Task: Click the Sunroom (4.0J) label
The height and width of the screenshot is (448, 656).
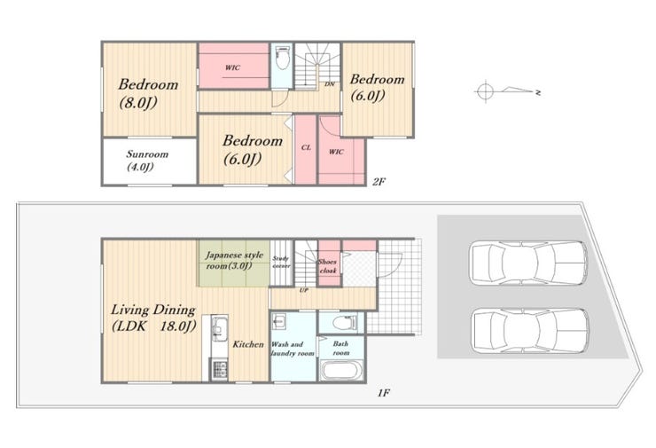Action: pyautogui.click(x=147, y=161)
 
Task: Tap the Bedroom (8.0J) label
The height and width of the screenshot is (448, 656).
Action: pyautogui.click(x=148, y=93)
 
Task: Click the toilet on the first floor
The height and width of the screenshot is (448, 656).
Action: pyautogui.click(x=345, y=322)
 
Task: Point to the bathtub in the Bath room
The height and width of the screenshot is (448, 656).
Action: pyautogui.click(x=342, y=371)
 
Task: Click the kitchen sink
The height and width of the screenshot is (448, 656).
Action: pyautogui.click(x=218, y=328)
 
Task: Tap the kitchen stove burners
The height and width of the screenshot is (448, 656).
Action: pyautogui.click(x=219, y=370)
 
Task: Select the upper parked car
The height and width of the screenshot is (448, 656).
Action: pyautogui.click(x=529, y=263)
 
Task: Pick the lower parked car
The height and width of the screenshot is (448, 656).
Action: pyautogui.click(x=529, y=331)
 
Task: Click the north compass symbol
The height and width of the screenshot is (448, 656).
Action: pyautogui.click(x=508, y=90)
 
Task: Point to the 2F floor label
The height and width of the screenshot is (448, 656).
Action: pyautogui.click(x=379, y=182)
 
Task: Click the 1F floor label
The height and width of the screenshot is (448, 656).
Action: pyautogui.click(x=384, y=393)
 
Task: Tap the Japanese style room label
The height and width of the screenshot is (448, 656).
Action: pyautogui.click(x=234, y=260)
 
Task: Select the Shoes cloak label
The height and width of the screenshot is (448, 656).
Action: pyautogui.click(x=328, y=266)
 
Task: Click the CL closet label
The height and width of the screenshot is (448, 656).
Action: pyautogui.click(x=306, y=148)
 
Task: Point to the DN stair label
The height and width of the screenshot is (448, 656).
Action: pyautogui.click(x=330, y=84)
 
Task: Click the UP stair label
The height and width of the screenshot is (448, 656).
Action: pyautogui.click(x=304, y=290)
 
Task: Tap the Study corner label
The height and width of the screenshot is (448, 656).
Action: pyautogui.click(x=281, y=263)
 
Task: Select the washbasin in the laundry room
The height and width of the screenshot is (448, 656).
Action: pyautogui.click(x=279, y=321)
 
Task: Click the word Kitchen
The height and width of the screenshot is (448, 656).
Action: pyautogui.click(x=248, y=344)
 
